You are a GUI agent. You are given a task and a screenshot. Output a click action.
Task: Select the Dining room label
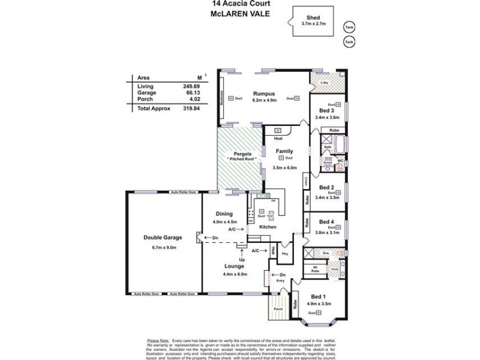coord(224,214)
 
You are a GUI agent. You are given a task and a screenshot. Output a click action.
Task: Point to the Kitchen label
coord(268,227)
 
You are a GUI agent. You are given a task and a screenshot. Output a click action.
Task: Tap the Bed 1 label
coord(319,296)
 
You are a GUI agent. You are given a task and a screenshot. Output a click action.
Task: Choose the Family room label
coord(284,151)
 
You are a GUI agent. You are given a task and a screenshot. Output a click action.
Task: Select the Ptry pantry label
coord(284,254)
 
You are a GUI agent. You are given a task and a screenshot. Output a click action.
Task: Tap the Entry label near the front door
coord(280,280)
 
